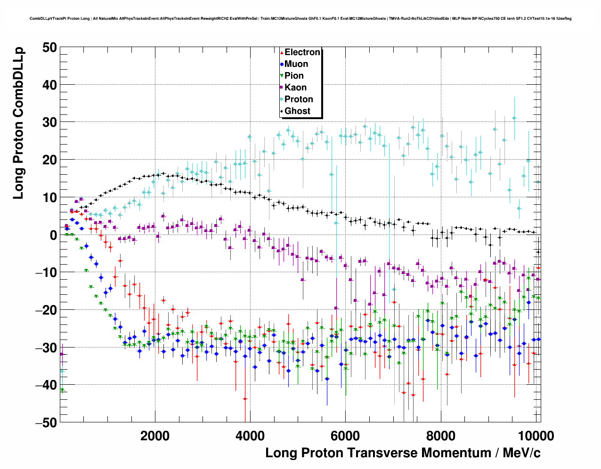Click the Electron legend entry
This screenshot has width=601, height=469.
(302, 52)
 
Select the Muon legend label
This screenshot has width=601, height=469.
(296, 64)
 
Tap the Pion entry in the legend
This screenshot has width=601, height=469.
(294, 76)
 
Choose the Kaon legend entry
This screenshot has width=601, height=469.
(295, 88)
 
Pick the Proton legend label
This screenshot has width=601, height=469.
(299, 99)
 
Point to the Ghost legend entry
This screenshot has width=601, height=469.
(297, 111)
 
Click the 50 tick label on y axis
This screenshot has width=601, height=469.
(49, 47)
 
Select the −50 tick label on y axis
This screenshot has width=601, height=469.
(46, 422)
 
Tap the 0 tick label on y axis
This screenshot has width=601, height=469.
(53, 235)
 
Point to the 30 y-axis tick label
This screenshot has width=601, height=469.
(49, 122)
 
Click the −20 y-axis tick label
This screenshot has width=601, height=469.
(46, 310)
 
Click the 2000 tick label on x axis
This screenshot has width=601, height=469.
(155, 436)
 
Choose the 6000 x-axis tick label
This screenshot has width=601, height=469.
(345, 436)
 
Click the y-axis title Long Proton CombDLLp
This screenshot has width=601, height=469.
(18, 123)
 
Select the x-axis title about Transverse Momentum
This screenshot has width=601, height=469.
(403, 453)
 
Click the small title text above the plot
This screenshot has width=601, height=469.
(300, 19)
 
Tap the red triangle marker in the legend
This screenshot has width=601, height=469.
(282, 53)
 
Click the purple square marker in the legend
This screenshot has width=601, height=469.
(282, 88)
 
